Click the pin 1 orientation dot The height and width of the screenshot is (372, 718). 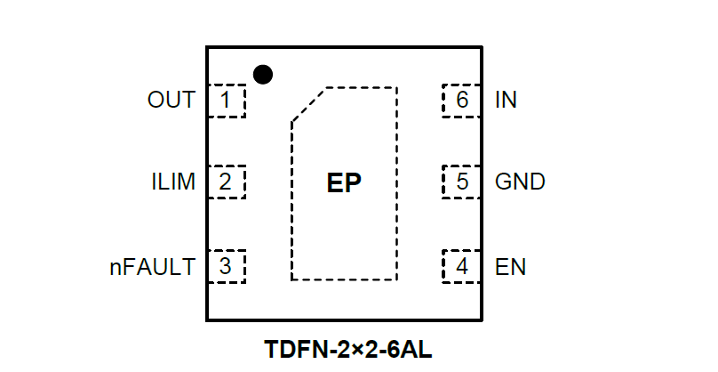(262, 74)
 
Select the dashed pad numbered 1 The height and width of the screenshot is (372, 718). (226, 100)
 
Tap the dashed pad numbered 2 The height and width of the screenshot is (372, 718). (226, 182)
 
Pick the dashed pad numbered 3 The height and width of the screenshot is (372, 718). (226, 266)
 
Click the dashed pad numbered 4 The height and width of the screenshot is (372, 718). (461, 266)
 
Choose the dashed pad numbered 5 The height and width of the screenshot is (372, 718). (461, 182)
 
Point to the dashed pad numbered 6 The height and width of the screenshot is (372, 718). (461, 100)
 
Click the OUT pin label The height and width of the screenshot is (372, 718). (172, 100)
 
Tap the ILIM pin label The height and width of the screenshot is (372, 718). (173, 182)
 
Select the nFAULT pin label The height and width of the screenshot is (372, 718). (152, 266)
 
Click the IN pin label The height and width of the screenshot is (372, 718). (506, 100)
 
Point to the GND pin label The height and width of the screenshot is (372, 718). (520, 182)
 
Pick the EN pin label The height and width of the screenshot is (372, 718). (510, 266)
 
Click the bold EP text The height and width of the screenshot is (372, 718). (345, 183)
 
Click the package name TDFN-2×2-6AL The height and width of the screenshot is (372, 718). (348, 348)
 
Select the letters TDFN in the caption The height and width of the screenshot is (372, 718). (293, 348)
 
